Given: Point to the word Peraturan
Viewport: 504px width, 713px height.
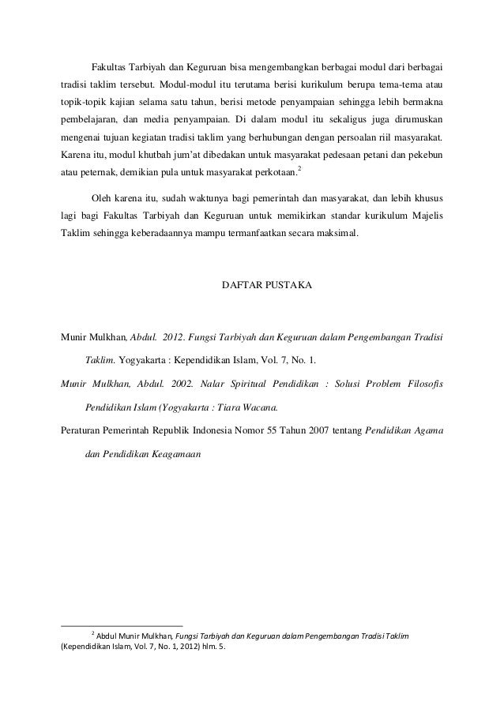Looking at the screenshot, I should (x=84, y=430).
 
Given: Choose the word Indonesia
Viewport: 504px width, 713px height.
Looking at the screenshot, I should (x=189, y=430).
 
